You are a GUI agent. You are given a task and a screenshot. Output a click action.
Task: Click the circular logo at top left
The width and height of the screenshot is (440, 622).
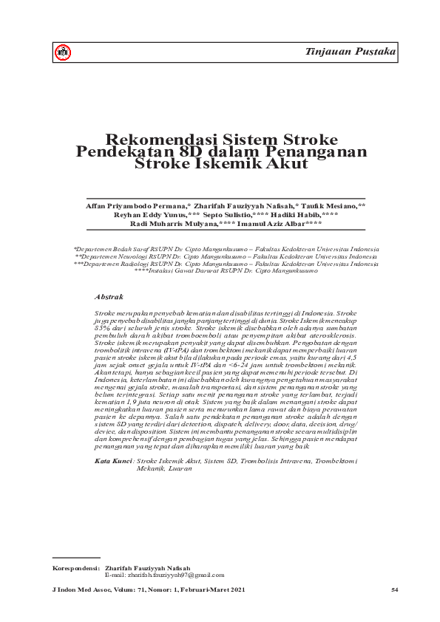point(64,52)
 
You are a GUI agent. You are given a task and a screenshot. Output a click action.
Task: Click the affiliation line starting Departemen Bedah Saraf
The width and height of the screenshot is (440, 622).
point(226,250)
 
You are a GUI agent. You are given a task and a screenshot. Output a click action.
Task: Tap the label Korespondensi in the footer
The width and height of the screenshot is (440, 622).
point(73,568)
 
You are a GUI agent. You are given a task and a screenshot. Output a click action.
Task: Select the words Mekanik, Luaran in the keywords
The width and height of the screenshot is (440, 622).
point(166,447)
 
